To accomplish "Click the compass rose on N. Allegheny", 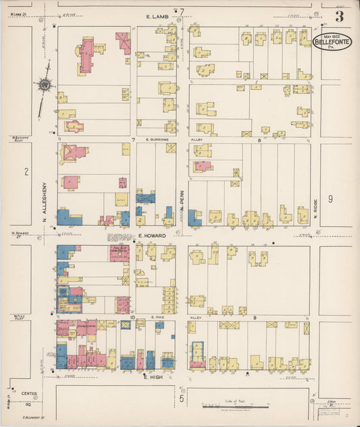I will click(x=45, y=85).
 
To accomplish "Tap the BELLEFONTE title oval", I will click(x=332, y=43).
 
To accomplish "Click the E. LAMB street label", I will click(x=156, y=15).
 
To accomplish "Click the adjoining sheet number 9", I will click(x=330, y=199).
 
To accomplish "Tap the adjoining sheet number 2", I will click(x=26, y=172).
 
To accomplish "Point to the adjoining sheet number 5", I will click(x=181, y=399).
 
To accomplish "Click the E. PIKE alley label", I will click(x=157, y=316).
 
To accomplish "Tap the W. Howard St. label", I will click(x=18, y=236).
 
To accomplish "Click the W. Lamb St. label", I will click(x=17, y=8).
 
